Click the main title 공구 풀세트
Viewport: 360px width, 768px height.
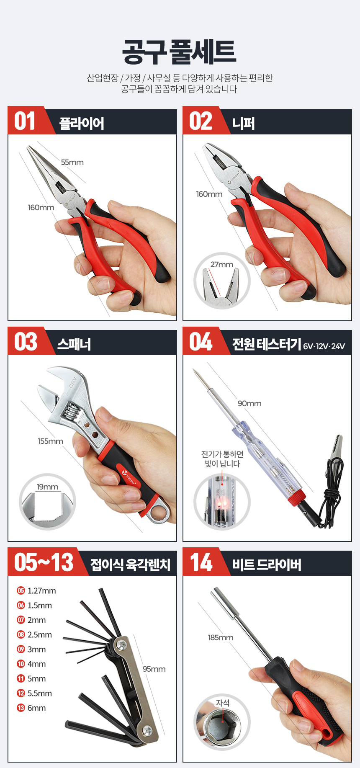point(179,52)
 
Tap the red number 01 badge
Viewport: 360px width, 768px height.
point(25,121)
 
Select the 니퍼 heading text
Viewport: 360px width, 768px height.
point(244,123)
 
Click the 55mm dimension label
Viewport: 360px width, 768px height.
point(72,162)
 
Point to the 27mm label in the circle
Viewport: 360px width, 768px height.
point(222,264)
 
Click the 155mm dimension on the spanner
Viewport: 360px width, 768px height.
point(50,441)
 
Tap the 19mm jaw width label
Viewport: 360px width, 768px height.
point(47,487)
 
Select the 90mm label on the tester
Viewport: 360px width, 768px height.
point(249,403)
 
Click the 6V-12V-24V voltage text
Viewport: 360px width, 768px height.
point(324,346)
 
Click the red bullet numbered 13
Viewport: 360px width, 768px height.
point(21,708)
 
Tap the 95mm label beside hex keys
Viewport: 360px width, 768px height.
point(154,669)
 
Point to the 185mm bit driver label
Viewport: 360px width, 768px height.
point(221,637)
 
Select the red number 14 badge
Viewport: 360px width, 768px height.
point(201,562)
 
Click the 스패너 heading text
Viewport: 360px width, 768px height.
point(74,344)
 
